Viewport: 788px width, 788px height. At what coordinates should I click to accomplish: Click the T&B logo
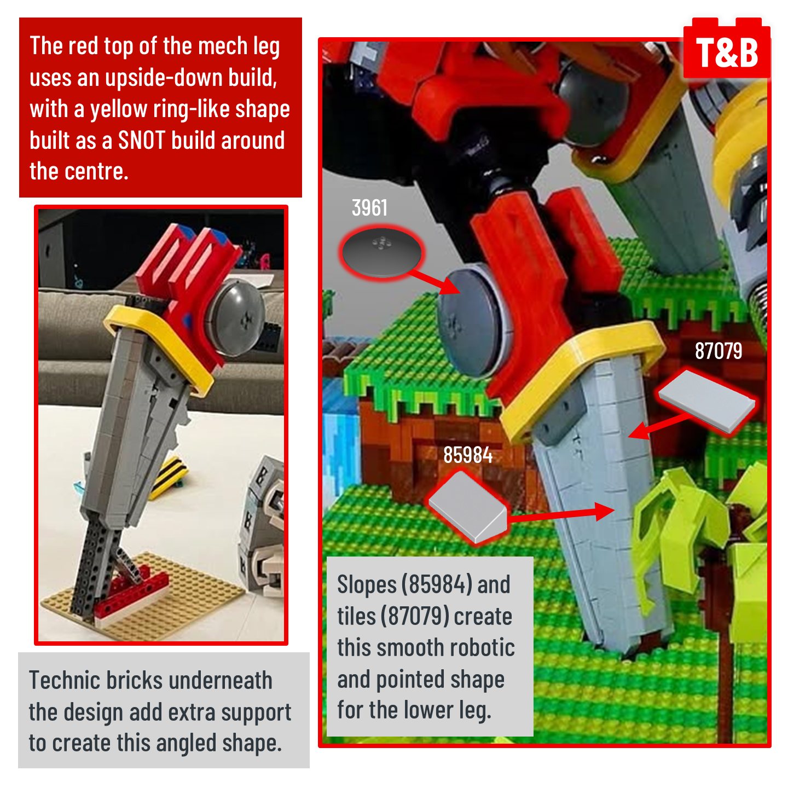pyautogui.click(x=726, y=48)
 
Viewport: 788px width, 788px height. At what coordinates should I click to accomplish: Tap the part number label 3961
pyautogui.click(x=369, y=208)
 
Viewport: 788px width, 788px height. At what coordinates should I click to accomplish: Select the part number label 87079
pyautogui.click(x=718, y=351)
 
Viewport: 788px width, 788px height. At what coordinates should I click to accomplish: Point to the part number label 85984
pyautogui.click(x=468, y=455)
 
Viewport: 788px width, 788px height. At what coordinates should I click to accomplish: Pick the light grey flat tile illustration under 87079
pyautogui.click(x=706, y=401)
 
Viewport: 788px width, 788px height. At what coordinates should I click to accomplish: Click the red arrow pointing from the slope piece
pyautogui.click(x=561, y=513)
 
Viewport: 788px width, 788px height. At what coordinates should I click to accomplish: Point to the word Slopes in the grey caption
pyautogui.click(x=367, y=585)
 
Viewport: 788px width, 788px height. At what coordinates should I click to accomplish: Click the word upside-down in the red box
pyautogui.click(x=164, y=77)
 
